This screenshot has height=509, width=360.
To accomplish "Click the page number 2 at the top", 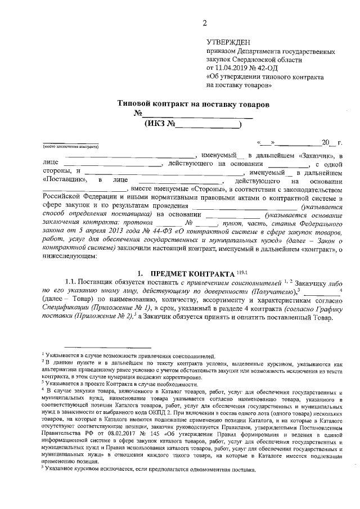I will click(205, 22).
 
